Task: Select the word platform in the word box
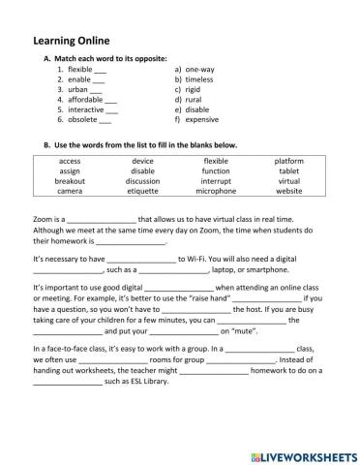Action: pyautogui.click(x=288, y=160)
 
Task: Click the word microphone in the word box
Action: pyautogui.click(x=216, y=191)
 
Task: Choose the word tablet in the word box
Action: pyautogui.click(x=288, y=170)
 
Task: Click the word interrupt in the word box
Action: pyautogui.click(x=216, y=180)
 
